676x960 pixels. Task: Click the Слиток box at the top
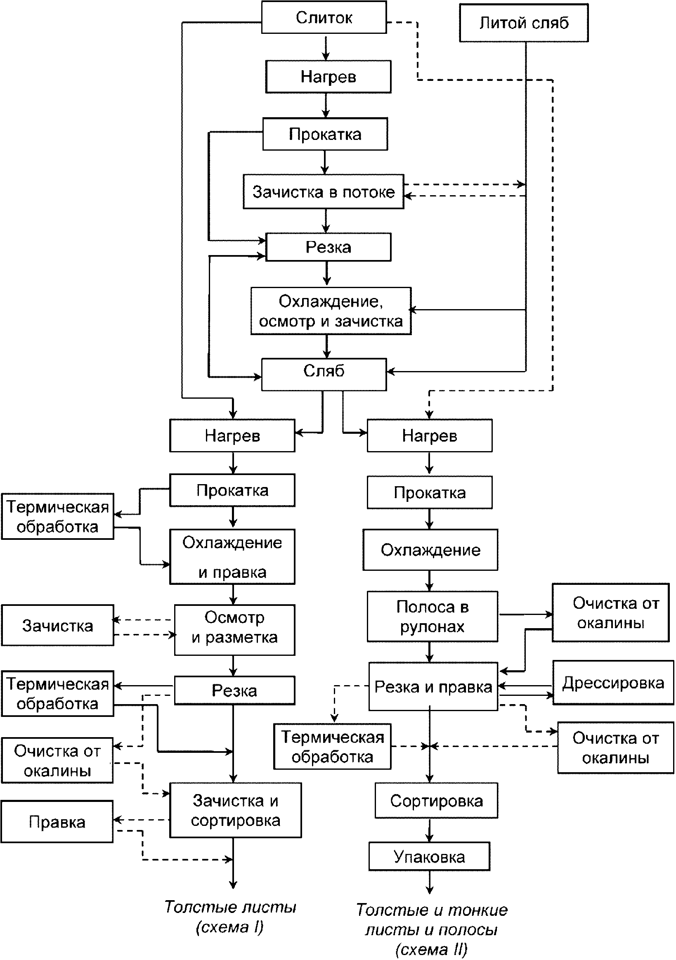tap(324, 17)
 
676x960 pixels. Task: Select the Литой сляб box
tap(524, 23)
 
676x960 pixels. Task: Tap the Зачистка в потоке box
tap(324, 192)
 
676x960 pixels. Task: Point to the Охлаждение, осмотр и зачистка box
tap(331, 311)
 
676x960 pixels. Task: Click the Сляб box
tap(324, 375)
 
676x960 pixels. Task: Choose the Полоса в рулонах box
tap(433, 617)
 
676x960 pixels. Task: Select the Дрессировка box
tap(613, 683)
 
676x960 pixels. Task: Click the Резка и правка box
tap(433, 686)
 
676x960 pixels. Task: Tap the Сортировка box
tap(437, 801)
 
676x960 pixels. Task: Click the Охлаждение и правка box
tap(232, 557)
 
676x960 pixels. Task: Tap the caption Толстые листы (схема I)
tap(230, 917)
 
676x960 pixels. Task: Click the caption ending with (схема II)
tap(432, 930)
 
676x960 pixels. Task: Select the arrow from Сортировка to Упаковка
tap(429, 830)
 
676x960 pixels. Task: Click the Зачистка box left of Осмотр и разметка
tap(57, 625)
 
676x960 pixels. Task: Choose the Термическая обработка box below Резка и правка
tap(332, 746)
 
